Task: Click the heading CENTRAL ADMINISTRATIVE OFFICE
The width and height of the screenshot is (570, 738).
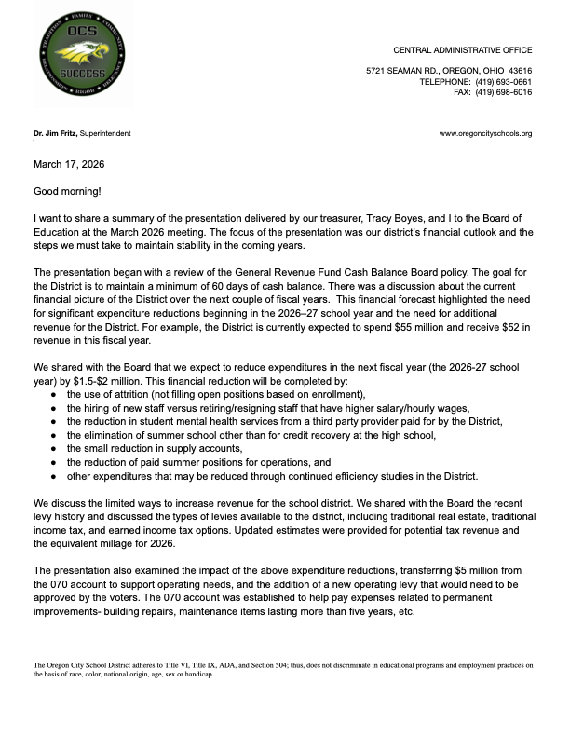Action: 463,48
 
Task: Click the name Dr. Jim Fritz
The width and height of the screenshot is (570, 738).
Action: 55,134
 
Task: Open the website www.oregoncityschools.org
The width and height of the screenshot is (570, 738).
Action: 485,134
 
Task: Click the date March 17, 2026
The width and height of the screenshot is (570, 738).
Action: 69,164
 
